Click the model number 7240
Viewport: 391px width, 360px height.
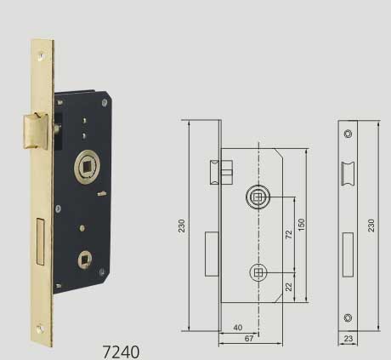click(121, 351)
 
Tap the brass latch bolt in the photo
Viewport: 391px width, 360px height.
click(36, 131)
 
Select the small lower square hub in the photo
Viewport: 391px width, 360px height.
click(85, 260)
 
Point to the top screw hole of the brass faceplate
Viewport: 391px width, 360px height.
click(42, 56)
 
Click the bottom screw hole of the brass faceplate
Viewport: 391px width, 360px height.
click(40, 329)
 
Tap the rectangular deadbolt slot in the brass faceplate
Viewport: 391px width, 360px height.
click(40, 242)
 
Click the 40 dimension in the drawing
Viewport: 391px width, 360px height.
click(238, 328)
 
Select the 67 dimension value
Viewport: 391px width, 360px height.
click(249, 338)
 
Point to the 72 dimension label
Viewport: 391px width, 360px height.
click(288, 234)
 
